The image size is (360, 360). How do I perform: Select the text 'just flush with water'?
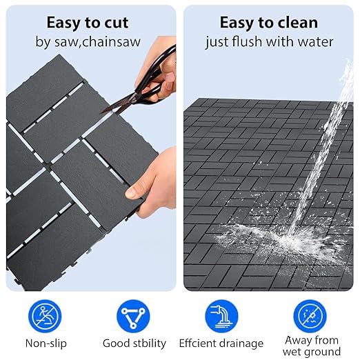(x=269, y=42)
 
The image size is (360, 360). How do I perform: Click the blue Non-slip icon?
(x=44, y=316)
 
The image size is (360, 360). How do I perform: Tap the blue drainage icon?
(x=221, y=316)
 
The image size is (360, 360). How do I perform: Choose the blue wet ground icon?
(x=310, y=316)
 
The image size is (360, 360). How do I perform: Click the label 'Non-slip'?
(x=44, y=343)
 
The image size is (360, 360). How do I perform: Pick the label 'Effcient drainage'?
(x=221, y=343)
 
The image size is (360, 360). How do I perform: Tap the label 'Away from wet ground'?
(x=312, y=346)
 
